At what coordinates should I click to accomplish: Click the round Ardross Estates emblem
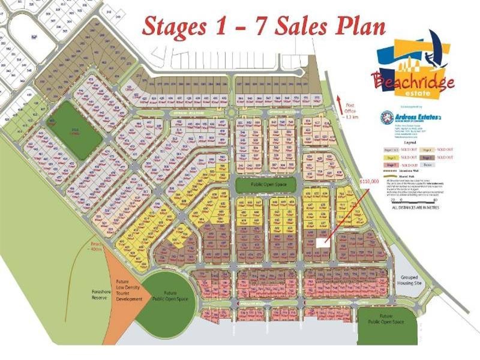click(x=386, y=118)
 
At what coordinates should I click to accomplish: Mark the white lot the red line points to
click(x=322, y=243)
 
